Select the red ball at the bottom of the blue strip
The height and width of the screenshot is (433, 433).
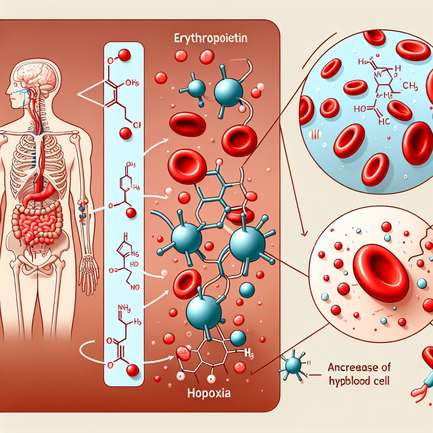(x=133, y=370)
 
